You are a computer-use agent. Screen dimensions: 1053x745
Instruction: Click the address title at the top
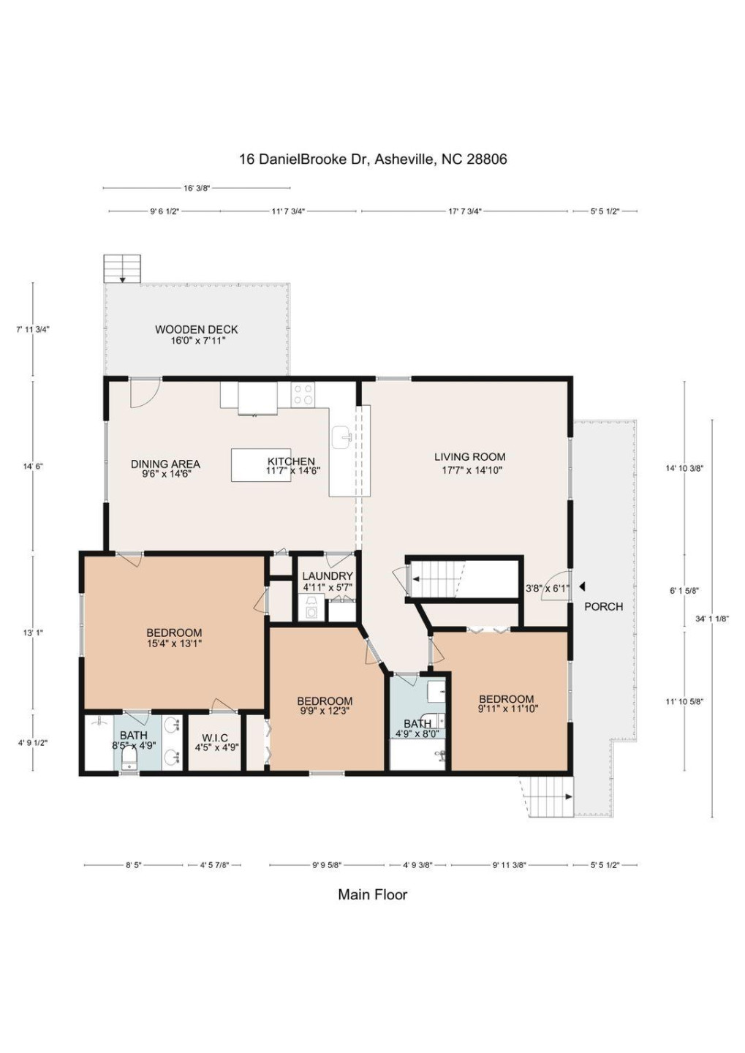tap(372, 159)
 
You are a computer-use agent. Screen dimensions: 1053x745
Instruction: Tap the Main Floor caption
tap(372, 894)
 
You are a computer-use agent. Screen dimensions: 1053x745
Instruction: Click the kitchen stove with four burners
tap(303, 395)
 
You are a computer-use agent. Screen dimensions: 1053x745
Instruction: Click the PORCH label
tap(603, 606)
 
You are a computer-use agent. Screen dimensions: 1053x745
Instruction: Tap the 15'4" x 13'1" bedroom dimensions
tap(174, 644)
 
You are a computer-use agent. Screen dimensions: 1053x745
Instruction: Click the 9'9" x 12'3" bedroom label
tap(325, 706)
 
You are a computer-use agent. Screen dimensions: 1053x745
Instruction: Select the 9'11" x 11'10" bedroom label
tap(507, 703)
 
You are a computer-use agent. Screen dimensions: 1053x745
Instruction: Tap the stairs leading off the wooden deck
tap(122, 268)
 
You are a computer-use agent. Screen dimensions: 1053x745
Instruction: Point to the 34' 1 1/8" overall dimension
tap(711, 619)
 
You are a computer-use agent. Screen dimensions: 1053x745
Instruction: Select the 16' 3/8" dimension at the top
tap(197, 188)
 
